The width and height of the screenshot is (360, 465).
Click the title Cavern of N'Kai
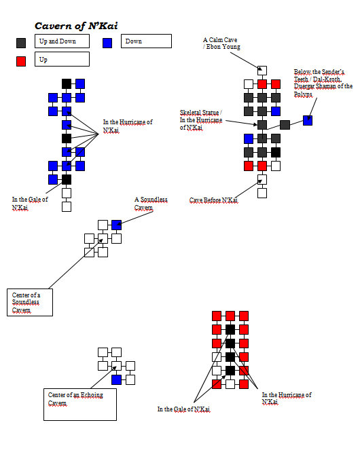coord(76,26)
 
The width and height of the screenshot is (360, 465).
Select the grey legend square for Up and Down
coord(21,43)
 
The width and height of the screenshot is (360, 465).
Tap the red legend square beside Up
coord(21,61)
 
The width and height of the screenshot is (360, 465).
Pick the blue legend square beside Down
coord(107,43)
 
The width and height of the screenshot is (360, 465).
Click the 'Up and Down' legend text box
coord(62,41)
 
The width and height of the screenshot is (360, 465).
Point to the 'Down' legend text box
coord(146,41)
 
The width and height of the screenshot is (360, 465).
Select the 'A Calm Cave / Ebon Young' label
coord(221,43)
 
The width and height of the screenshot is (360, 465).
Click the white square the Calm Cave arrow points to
coord(262,71)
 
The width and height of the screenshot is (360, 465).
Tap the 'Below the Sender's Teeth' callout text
coord(323,83)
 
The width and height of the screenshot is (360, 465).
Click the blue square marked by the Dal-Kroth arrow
coord(308,120)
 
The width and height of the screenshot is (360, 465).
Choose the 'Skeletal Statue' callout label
coord(201,120)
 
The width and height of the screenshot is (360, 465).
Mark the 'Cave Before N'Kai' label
coord(214,200)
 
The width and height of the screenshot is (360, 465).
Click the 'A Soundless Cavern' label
coord(151,204)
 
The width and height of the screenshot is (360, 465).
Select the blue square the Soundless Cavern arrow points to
coord(116,225)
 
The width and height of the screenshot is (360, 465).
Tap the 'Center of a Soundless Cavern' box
coord(30,302)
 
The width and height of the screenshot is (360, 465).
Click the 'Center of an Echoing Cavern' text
coord(75,399)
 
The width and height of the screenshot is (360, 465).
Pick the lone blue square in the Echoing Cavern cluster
coord(116,379)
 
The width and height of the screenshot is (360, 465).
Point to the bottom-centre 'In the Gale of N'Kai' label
coord(183,409)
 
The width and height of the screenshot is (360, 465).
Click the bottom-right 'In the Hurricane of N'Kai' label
coord(287,398)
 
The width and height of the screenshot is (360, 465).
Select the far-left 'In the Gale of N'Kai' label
coord(30,203)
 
